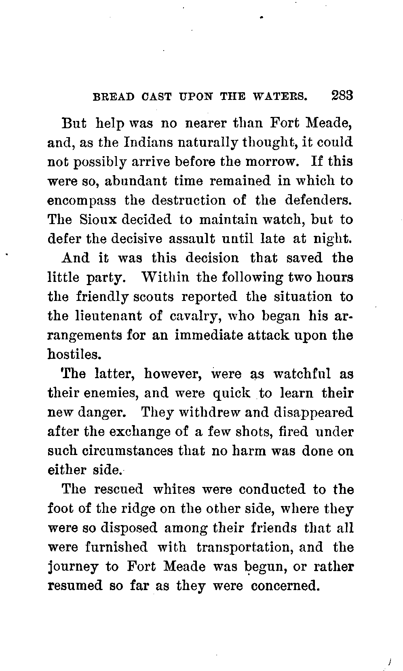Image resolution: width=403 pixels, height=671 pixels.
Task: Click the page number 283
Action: [x=342, y=96]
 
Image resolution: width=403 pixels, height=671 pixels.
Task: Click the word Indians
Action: [x=149, y=142]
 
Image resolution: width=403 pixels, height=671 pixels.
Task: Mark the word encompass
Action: [x=82, y=201]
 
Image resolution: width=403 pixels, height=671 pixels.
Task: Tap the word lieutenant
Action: [x=95, y=316]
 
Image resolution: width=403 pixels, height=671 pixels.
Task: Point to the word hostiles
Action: [x=74, y=355]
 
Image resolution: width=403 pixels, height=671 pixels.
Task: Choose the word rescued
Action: [x=118, y=489]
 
